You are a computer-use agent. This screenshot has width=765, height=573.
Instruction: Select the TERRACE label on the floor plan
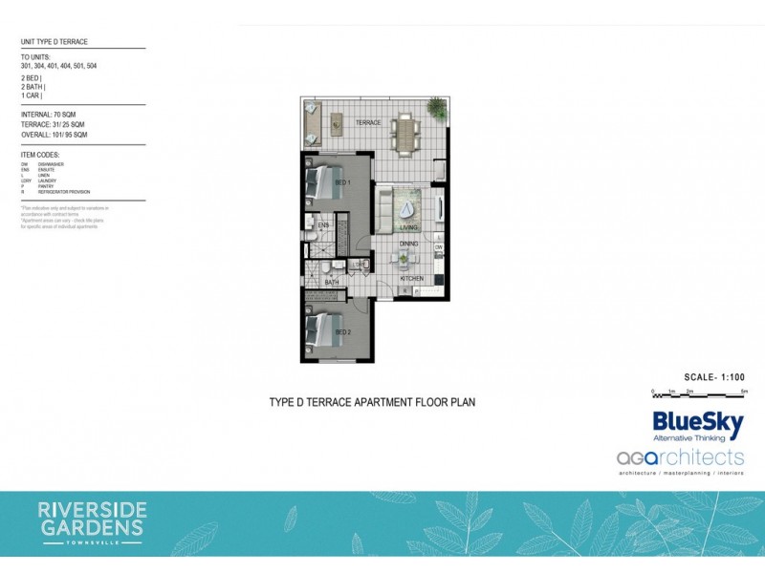pyautogui.click(x=369, y=123)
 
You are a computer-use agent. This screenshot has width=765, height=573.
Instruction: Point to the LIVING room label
pyautogui.click(x=409, y=228)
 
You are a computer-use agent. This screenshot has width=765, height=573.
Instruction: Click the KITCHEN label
pyautogui.click(x=411, y=278)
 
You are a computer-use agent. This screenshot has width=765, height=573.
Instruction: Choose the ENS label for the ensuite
pyautogui.click(x=323, y=226)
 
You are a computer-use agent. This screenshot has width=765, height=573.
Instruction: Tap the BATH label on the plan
pyautogui.click(x=331, y=283)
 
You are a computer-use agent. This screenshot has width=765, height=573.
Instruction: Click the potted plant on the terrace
pyautogui.click(x=437, y=110)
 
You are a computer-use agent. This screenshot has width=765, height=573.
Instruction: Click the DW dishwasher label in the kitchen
pyautogui.click(x=438, y=248)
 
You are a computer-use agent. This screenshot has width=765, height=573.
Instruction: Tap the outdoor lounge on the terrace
pyautogui.click(x=313, y=122)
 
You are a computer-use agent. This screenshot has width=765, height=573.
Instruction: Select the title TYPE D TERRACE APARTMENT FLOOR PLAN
pyautogui.click(x=373, y=402)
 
